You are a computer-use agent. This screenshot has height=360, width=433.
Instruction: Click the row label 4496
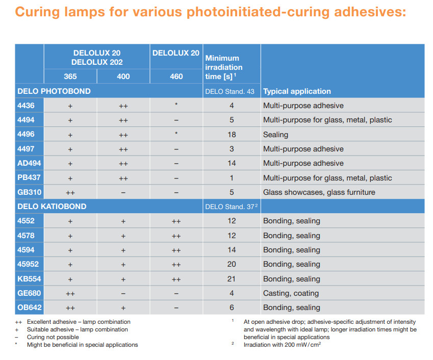pyautogui.click(x=26, y=134)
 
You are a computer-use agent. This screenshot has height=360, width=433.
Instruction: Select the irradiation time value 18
pyautogui.click(x=232, y=135)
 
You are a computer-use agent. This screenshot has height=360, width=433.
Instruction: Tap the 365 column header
pyautogui.click(x=70, y=76)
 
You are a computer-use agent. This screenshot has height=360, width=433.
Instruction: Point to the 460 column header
pyautogui.click(x=176, y=76)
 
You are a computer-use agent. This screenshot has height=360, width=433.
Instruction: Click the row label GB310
pyautogui.click(x=29, y=192)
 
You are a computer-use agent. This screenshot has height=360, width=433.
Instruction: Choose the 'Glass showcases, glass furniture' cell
pyautogui.click(x=319, y=192)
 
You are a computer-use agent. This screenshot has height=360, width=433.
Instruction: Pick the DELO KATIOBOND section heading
pyautogui.click(x=52, y=207)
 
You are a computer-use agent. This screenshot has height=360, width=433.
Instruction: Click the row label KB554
pyautogui.click(x=29, y=279)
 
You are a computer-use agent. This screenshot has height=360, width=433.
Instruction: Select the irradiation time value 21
pyautogui.click(x=232, y=279)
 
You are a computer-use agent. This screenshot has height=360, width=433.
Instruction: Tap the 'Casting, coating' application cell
pyautogui.click(x=291, y=293)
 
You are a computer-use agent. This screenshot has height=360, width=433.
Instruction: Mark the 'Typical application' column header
pyautogui.click(x=297, y=91)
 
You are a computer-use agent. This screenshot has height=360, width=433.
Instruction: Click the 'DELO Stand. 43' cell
pyautogui.click(x=230, y=92)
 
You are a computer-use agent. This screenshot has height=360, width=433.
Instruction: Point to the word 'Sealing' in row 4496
pyautogui.click(x=275, y=135)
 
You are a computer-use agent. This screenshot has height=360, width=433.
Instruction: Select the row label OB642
pyautogui.click(x=29, y=307)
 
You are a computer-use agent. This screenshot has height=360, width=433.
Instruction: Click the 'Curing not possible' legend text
pyautogui.click(x=53, y=337)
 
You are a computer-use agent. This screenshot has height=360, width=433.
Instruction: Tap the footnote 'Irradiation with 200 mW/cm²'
pyautogui.click(x=282, y=345)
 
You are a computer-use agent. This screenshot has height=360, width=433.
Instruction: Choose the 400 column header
pyautogui.click(x=123, y=76)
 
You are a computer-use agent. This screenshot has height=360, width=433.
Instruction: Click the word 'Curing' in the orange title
pyautogui.click(x=37, y=12)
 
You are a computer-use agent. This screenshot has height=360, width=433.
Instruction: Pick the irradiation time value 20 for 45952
pyautogui.click(x=232, y=264)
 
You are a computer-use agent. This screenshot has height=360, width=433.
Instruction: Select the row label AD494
pyautogui.click(x=29, y=163)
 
